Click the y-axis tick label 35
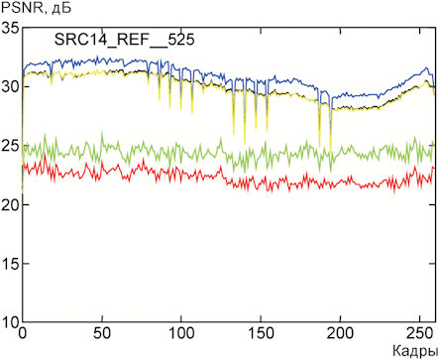[11, 28]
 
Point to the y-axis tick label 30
[11, 86]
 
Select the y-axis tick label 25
[11, 146]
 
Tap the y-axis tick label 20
[11, 204]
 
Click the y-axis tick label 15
[11, 264]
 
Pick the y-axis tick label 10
[11, 322]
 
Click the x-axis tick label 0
[23, 333]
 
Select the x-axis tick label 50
[102, 333]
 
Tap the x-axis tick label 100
[181, 333]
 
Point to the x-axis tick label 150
[261, 333]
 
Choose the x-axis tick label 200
[340, 333]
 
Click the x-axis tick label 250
[419, 333]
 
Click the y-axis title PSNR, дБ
[36, 8]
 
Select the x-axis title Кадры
[415, 351]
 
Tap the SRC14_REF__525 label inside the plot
[124, 41]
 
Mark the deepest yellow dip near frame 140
[245, 144]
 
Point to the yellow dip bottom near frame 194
[331, 151]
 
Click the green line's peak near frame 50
[102, 132]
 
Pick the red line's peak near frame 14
[45, 154]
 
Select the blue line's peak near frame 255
[426, 67]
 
